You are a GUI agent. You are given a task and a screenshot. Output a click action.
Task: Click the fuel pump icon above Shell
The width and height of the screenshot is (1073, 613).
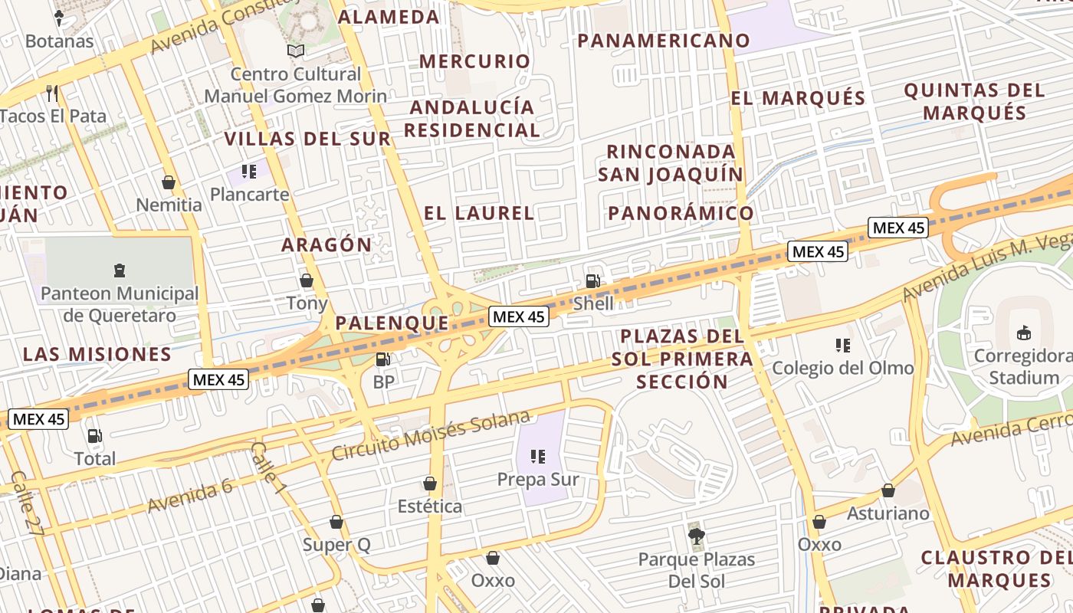tap(592, 281)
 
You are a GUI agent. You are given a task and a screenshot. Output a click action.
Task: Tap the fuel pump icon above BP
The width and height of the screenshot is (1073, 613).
tap(383, 359)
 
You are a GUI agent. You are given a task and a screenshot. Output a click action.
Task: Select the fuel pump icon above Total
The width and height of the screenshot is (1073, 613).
tap(94, 436)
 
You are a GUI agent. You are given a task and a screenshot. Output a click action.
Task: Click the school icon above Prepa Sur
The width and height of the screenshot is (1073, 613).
tap(538, 457)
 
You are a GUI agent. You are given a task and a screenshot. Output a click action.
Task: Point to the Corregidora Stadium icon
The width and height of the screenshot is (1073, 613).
tap(1023, 333)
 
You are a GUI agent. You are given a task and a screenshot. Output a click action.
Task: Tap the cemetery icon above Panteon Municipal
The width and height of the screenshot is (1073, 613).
tap(120, 270)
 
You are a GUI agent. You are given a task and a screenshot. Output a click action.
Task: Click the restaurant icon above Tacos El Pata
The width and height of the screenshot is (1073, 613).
tap(52, 93)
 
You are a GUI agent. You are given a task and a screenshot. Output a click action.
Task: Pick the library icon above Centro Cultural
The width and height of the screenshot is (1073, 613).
tap(296, 51)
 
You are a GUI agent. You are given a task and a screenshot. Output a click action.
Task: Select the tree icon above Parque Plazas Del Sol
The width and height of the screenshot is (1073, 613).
tap(696, 536)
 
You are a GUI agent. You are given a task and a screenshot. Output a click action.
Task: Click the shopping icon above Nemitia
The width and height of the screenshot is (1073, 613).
tap(169, 182)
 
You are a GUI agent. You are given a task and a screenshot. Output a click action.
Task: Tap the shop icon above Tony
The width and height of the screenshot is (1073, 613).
tap(307, 280)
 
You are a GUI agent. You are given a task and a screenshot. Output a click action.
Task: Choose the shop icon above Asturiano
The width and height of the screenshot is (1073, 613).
tap(888, 490)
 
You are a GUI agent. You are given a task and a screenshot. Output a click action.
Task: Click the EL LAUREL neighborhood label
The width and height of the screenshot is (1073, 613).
tap(479, 213)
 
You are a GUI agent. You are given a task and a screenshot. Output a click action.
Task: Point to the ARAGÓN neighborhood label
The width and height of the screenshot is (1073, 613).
tap(326, 245)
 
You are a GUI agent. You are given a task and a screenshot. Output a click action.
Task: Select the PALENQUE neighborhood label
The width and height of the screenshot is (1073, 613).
tap(392, 323)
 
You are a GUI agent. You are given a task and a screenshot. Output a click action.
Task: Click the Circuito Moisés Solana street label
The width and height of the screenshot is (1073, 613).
tap(431, 435)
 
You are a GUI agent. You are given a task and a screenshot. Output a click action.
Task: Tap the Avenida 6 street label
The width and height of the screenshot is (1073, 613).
tap(190, 495)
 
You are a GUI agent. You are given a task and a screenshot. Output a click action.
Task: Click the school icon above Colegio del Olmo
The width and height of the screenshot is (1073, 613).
tap(843, 346)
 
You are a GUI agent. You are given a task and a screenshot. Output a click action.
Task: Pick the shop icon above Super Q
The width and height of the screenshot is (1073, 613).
tap(336, 523)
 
